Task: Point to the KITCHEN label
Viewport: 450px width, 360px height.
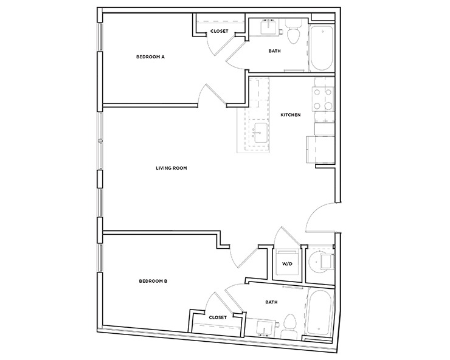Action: [291, 115]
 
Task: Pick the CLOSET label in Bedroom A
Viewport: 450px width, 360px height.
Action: [219, 31]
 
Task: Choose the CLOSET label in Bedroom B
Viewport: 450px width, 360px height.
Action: [217, 317]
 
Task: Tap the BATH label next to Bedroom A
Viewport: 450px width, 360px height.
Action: [274, 51]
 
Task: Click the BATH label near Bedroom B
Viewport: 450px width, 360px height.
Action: [271, 301]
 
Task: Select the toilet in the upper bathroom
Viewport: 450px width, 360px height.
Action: [294, 35]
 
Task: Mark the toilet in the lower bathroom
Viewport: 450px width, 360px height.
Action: [290, 322]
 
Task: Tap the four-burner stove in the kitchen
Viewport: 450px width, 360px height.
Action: [322, 100]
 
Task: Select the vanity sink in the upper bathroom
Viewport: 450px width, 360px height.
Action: [268, 27]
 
